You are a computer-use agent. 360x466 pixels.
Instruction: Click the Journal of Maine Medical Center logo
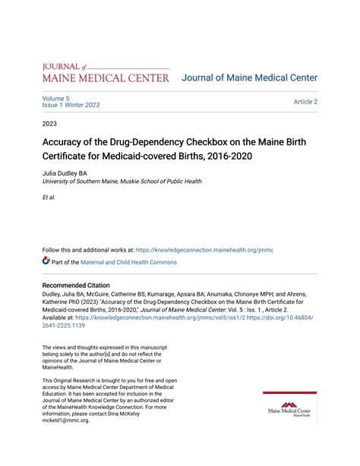coord(106,73)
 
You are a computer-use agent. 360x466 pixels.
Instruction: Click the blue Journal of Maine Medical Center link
coord(249,78)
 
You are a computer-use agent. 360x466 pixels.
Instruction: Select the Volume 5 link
coord(56,98)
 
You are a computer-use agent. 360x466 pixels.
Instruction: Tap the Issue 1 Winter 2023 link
coord(71,106)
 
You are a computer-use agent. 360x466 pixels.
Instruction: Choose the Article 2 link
coord(305,102)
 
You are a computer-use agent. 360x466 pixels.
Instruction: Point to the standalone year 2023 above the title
coord(50,122)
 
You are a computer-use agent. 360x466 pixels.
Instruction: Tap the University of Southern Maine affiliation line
coord(122,182)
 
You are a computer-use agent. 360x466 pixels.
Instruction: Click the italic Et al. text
coord(49,197)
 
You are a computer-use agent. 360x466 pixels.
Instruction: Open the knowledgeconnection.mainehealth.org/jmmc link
coord(204,249)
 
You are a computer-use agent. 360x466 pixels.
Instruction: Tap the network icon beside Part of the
coord(46,262)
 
